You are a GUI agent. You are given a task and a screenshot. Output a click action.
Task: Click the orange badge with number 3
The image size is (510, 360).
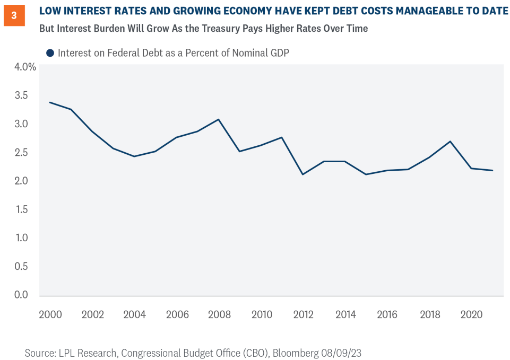click(x=14, y=15)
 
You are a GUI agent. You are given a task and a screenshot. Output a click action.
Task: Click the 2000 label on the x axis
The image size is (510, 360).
click(x=50, y=314)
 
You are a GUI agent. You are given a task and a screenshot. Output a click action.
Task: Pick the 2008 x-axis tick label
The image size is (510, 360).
click(x=219, y=314)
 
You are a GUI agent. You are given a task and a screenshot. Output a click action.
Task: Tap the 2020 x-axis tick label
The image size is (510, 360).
click(x=471, y=314)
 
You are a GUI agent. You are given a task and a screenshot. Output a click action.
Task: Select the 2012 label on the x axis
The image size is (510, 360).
click(x=303, y=314)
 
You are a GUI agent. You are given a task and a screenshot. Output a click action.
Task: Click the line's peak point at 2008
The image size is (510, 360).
click(x=219, y=119)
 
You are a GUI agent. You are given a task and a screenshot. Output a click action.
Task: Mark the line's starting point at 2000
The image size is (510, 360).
click(x=50, y=102)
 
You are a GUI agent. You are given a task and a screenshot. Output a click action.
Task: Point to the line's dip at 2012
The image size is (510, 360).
click(x=303, y=174)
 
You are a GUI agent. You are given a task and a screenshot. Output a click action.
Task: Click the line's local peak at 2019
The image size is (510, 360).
click(x=451, y=142)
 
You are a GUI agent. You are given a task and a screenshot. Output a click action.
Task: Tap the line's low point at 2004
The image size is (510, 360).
click(x=134, y=156)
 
